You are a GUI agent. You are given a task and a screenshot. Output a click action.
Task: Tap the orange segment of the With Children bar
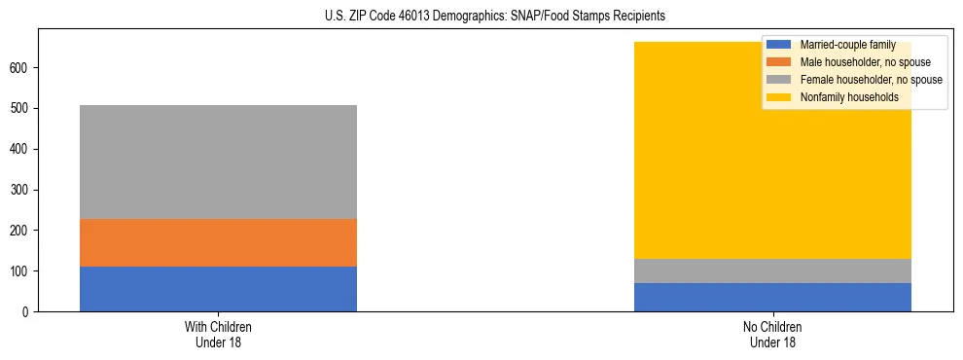pos(218,242)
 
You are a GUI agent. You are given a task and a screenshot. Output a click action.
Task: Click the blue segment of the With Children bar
pos(218,289)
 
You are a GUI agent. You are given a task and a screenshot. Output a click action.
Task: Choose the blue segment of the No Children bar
pos(772,297)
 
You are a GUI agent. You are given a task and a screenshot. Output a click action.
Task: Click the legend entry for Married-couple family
pos(847,45)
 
